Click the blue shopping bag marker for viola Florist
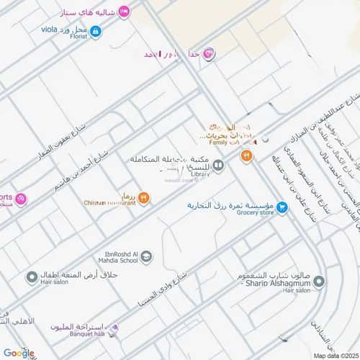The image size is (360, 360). pos(95,31)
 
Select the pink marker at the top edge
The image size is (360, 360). pos(123,10)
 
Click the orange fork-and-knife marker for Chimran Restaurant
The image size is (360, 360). pos(143,197)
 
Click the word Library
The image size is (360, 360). pos(200,174)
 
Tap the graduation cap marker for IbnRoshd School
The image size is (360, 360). pos(146,255)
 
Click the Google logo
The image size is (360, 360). pos(18,353)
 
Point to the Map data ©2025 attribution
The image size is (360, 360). pos(334,356)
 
